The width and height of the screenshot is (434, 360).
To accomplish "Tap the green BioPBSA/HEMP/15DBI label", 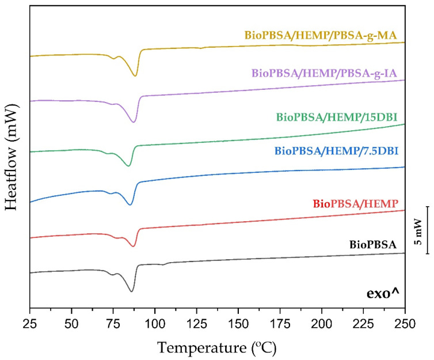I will click(337, 118).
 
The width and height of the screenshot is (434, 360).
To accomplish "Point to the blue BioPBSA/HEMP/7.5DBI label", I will click(337, 151).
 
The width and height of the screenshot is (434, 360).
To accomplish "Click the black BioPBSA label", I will click(373, 245).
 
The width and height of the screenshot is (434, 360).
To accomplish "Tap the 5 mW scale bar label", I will click(420, 229).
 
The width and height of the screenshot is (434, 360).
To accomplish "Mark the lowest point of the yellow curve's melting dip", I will click(135, 76).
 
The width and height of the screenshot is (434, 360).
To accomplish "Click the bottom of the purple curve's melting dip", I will click(134, 122).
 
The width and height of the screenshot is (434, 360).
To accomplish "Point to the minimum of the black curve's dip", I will click(132, 291).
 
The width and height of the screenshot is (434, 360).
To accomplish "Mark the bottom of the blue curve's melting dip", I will click(130, 204).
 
